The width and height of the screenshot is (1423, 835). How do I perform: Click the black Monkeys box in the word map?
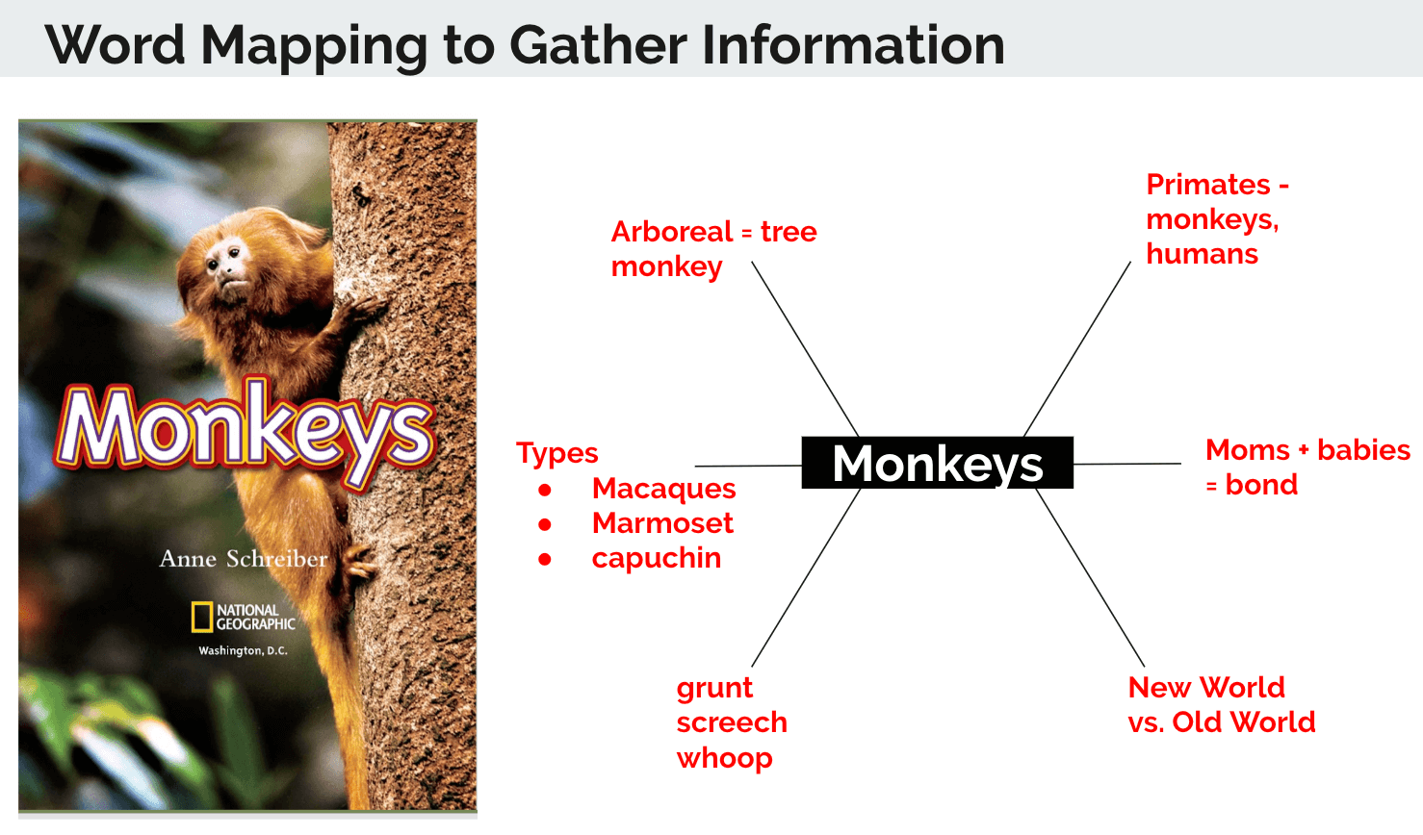pos(937,463)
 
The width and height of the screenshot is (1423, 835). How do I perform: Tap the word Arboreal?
pos(672,232)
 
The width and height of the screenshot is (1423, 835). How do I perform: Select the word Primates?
pos(1207,185)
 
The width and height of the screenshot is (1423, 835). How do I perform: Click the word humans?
pos(1202,254)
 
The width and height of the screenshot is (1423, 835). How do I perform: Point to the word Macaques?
pos(664,489)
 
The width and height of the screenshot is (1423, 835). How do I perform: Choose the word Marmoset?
pos(662,523)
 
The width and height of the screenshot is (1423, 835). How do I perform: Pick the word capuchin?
pos(657,558)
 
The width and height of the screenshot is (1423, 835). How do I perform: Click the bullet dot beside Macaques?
pos(544,490)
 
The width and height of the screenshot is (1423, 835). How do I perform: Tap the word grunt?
pos(714,689)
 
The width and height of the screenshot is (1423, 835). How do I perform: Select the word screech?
pos(732,722)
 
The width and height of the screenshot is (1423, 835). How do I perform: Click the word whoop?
pos(724,758)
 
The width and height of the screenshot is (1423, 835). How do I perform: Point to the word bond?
pos(1261,485)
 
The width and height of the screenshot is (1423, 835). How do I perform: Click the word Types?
pos(557,454)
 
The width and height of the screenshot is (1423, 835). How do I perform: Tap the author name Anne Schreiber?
pos(244,558)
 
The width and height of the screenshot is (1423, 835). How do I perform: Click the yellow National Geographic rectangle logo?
pos(202,617)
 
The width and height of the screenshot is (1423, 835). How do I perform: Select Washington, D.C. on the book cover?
pos(243,650)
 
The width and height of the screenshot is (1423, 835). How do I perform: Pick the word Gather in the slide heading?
pos(599,45)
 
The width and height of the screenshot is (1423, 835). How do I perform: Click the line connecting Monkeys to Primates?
pos(1077,349)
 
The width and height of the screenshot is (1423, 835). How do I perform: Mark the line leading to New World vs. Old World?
pos(1090,577)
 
